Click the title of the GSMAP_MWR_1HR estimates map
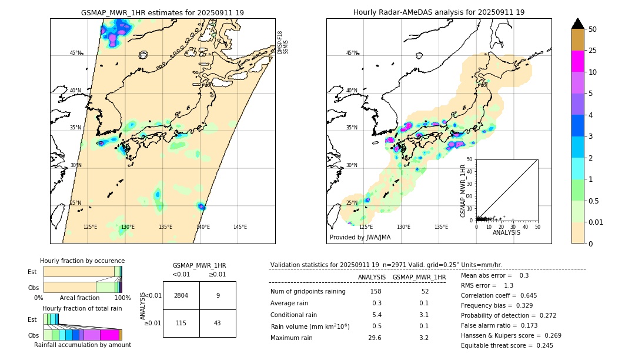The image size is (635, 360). [162, 12]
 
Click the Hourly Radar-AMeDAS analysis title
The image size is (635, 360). [439, 12]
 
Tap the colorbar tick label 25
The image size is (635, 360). [593, 51]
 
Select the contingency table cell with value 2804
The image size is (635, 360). [181, 295]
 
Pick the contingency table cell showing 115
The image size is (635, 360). [181, 323]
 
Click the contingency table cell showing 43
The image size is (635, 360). [218, 323]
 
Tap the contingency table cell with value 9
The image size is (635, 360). [218, 295]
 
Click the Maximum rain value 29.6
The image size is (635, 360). [375, 338]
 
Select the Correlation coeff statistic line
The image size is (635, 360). [499, 295]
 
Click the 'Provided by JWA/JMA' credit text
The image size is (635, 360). [360, 238]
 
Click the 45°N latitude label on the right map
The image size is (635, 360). [352, 53]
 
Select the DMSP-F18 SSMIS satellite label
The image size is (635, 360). [283, 42]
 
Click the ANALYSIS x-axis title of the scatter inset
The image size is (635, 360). [506, 232]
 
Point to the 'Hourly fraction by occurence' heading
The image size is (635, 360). [82, 261]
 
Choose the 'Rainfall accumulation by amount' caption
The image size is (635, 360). [82, 345]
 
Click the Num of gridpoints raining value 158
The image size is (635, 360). [376, 291]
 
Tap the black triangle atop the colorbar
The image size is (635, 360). [578, 24]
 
